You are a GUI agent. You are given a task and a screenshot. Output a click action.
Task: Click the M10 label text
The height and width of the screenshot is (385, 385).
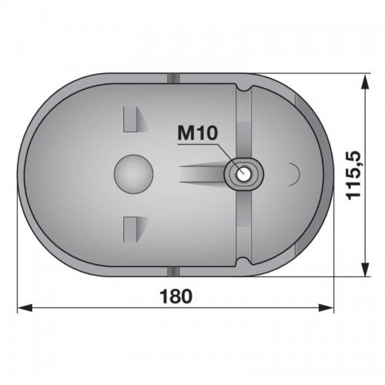coord(198,133)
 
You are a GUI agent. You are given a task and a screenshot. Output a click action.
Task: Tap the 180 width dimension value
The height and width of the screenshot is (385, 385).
coord(176,296)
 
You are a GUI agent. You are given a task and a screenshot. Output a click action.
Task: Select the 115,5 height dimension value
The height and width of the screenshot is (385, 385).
coord(353,176)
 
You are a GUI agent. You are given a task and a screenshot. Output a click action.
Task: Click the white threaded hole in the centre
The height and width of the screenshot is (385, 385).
coord(243,174)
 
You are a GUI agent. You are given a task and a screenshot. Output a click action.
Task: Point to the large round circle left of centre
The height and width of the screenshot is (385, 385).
coord(133,174)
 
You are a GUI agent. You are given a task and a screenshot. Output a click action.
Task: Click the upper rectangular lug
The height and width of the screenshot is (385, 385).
coord(130,119)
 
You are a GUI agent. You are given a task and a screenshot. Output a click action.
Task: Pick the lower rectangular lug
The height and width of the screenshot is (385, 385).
coord(130,229)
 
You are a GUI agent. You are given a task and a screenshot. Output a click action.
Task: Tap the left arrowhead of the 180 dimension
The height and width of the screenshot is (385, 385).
coord(25,308)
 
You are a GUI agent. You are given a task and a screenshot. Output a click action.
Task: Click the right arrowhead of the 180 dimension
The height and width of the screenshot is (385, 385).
coord(326,308)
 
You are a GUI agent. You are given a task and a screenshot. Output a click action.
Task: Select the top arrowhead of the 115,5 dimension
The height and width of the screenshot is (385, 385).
coord(365,82)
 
